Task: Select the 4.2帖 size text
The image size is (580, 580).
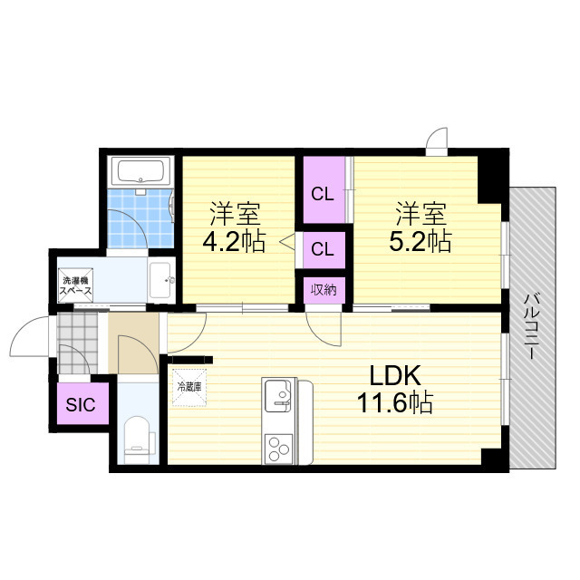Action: (x=235, y=242)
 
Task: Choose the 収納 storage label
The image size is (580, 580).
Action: (x=324, y=290)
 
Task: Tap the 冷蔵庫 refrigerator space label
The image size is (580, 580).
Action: (x=189, y=386)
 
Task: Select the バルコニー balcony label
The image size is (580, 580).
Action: (x=534, y=326)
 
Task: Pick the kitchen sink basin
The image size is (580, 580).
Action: (x=278, y=396)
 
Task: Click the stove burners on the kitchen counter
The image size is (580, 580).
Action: (x=277, y=447)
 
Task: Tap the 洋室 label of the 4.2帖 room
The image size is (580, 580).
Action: (x=235, y=216)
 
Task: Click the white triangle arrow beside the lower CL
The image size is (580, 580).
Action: (x=287, y=243)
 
